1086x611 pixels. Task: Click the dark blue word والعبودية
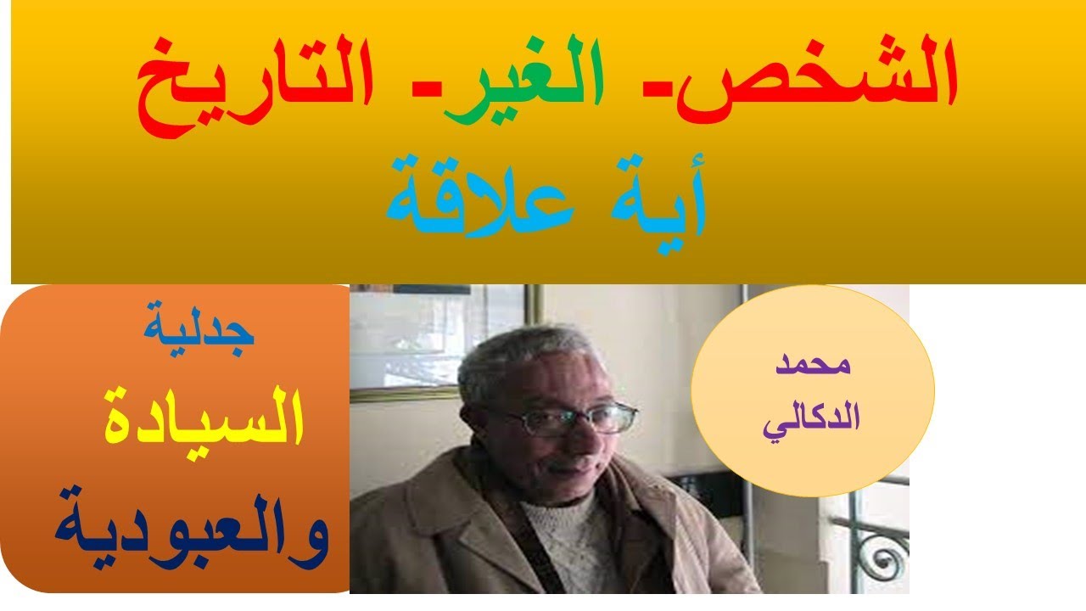(x=192, y=526)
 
